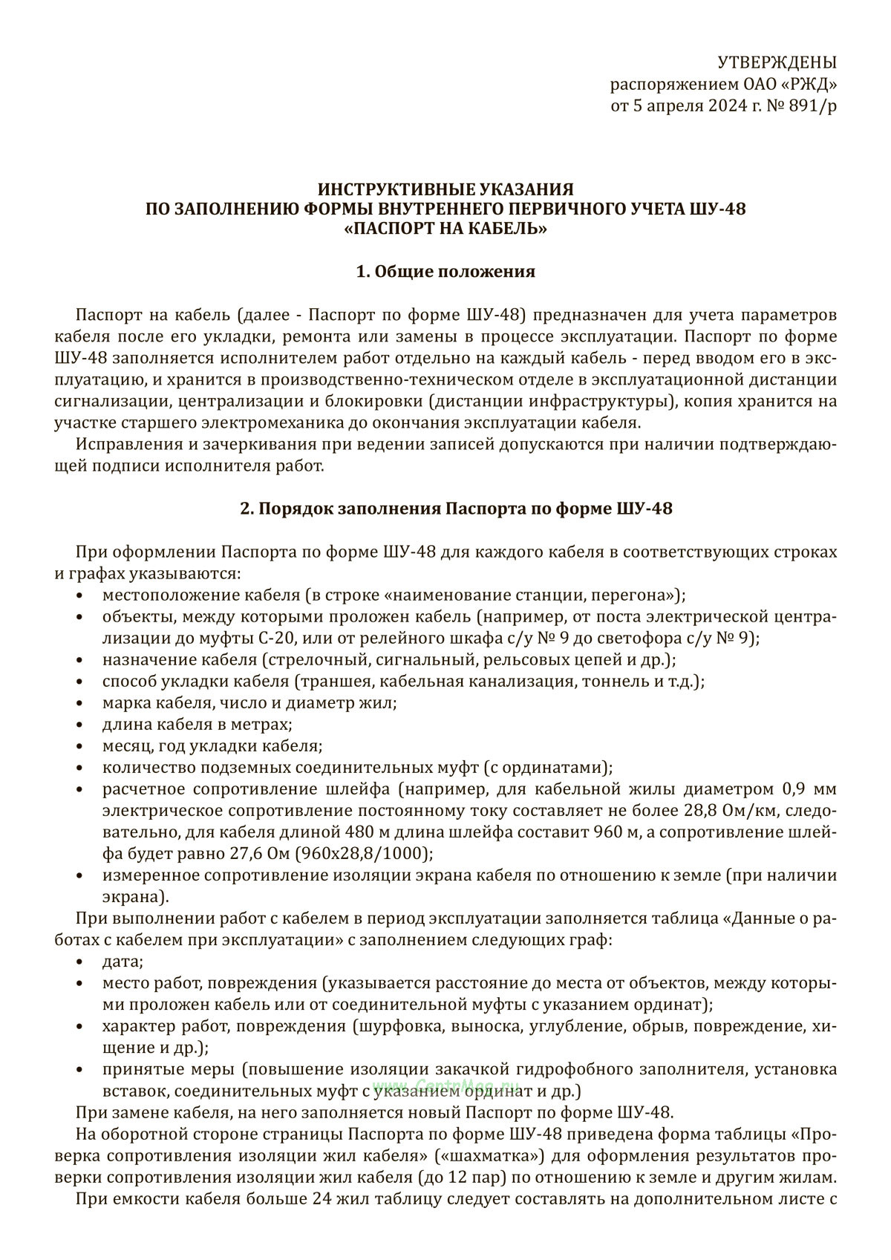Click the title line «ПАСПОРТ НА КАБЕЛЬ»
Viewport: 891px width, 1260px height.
[x=446, y=229]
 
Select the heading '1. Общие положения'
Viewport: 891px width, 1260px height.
[x=446, y=272]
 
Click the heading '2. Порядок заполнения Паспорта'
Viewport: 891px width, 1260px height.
[x=446, y=509]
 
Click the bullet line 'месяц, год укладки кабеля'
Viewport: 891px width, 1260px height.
[x=212, y=745]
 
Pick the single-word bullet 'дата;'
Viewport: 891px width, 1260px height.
[x=123, y=962]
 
